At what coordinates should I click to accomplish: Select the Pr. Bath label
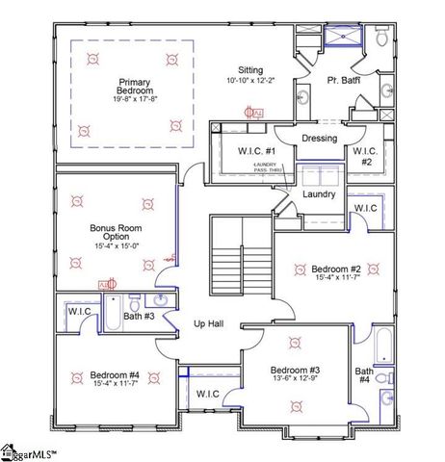342,80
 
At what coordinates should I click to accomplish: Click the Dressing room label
319,139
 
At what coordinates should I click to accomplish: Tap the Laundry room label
319,194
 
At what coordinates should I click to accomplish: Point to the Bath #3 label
138,315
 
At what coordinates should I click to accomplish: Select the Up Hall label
209,324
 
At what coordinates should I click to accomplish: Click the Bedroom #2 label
336,269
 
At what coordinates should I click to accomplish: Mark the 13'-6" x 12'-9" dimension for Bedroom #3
295,379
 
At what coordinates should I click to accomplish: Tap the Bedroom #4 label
115,375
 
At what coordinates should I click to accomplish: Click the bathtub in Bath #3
112,315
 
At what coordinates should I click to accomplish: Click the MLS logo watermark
29,451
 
